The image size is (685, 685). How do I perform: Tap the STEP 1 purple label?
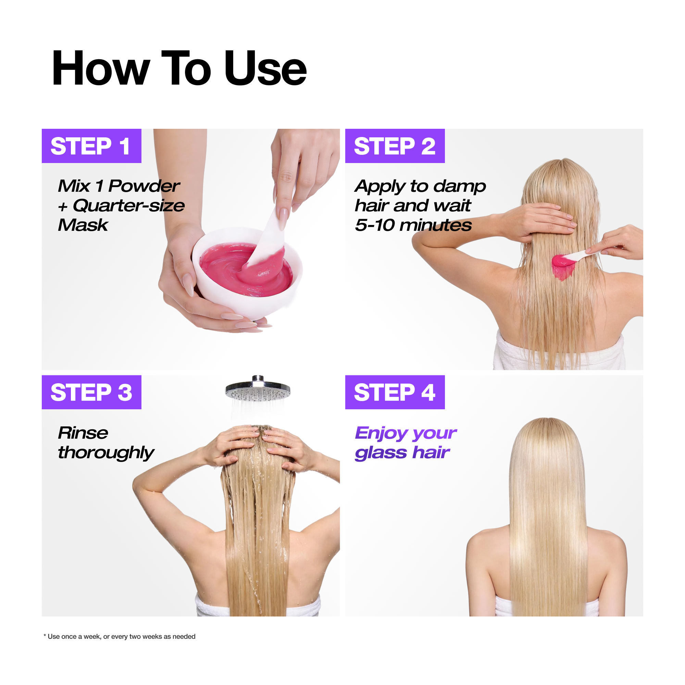[x=91, y=146]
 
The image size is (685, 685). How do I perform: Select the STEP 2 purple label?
[x=395, y=146]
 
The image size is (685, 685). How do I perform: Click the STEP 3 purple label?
[x=91, y=393]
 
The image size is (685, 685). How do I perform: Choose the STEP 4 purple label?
[x=395, y=393]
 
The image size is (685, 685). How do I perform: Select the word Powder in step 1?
[x=144, y=186]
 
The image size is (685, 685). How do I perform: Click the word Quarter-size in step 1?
[x=129, y=206]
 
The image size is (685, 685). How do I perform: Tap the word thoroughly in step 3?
[x=105, y=453]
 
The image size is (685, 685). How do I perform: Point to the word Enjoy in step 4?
[x=381, y=434]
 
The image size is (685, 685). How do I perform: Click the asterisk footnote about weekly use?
[x=120, y=636]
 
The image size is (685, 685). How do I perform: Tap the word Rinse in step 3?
[x=83, y=433]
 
